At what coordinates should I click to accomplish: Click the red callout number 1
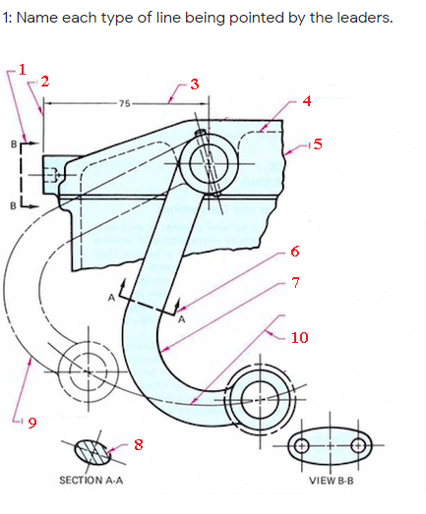point(22,70)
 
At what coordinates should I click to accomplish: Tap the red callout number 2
point(45,82)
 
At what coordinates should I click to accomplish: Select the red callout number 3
point(195,85)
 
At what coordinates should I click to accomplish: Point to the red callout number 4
point(307,101)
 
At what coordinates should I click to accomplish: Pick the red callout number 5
point(318,144)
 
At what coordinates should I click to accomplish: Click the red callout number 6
point(295,252)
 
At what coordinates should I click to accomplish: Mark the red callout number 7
point(295,283)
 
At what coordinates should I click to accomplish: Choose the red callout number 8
point(138,445)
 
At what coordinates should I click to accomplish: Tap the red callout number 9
point(32,423)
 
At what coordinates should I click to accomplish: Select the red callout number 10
point(300,337)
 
